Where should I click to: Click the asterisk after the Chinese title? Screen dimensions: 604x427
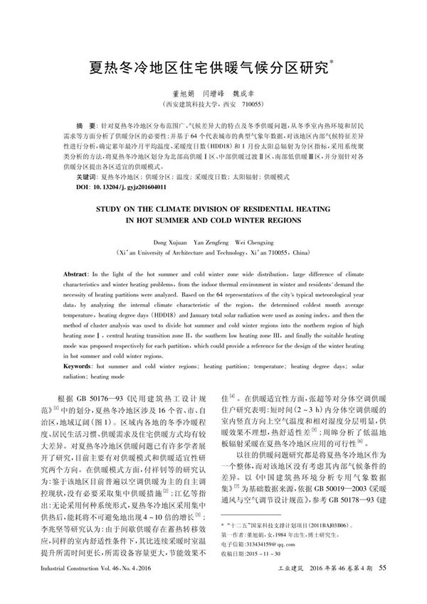pyautogui.click(x=334, y=63)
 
